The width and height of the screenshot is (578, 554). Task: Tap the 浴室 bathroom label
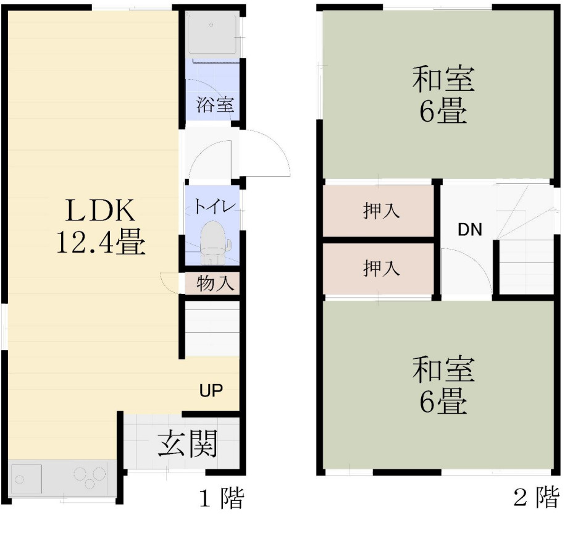pos(216,104)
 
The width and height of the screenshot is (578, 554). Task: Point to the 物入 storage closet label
pos(216,284)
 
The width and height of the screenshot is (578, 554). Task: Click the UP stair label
pos(211,390)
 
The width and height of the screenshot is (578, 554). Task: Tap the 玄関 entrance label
pos(186,443)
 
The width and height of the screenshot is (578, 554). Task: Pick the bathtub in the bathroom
pos(212,34)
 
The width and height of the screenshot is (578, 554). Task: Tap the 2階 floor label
pos(537,497)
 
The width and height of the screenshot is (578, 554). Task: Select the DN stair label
pos(470,230)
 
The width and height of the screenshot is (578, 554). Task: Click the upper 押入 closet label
pos(381,211)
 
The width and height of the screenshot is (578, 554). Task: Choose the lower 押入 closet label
pos(381,269)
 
